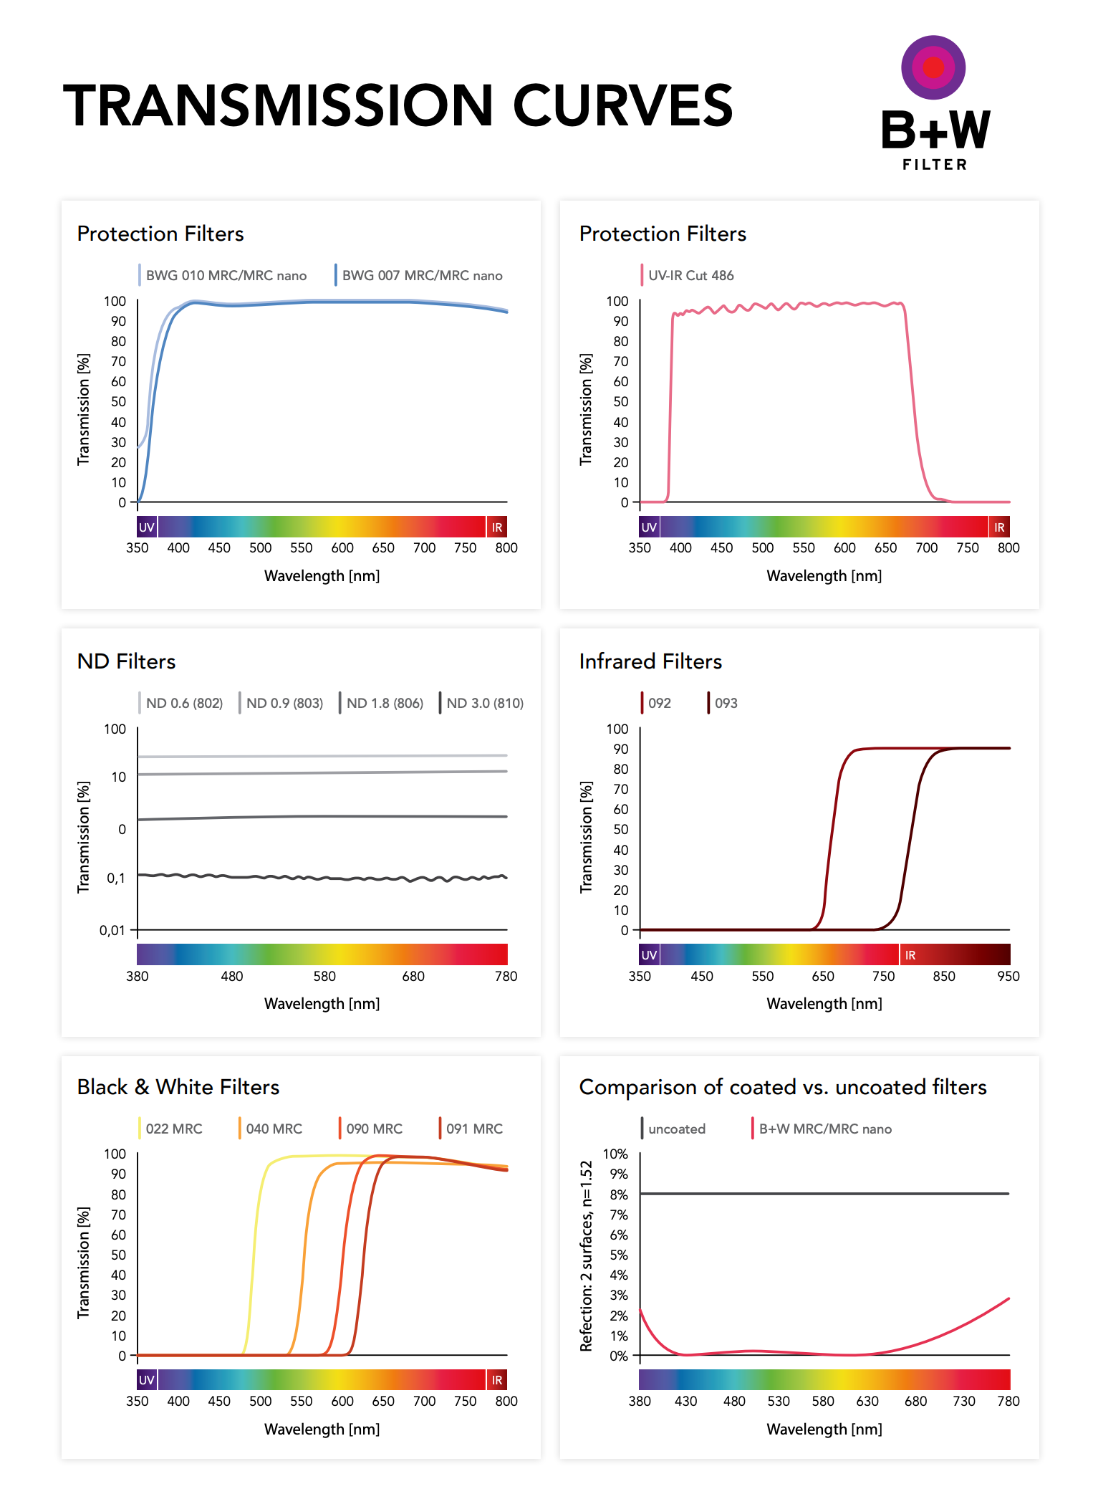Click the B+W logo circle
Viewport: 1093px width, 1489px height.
[933, 67]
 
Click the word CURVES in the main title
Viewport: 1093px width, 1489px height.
[622, 106]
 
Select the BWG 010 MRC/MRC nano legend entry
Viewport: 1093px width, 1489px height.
[226, 276]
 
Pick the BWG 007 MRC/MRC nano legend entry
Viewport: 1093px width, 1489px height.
[422, 276]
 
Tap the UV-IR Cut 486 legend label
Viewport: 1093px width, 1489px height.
[690, 276]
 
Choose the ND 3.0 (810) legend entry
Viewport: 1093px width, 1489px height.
[485, 704]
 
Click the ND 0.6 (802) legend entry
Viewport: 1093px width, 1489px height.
[184, 704]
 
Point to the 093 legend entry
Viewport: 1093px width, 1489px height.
[726, 704]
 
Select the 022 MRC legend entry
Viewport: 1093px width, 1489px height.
[174, 1129]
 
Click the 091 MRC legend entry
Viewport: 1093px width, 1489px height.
[474, 1129]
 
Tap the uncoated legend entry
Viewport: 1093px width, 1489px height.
[676, 1129]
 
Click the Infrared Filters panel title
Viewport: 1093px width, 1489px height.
[650, 661]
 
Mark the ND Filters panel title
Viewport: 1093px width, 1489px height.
[127, 661]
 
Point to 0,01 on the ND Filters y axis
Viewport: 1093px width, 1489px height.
[112, 931]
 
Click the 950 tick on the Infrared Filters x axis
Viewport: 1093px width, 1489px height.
[1008, 977]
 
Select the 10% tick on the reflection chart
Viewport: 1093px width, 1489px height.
[615, 1154]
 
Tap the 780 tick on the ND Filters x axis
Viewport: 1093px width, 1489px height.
[506, 977]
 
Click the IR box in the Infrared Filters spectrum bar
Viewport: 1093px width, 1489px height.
[910, 955]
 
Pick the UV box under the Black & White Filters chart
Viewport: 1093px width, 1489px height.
[147, 1380]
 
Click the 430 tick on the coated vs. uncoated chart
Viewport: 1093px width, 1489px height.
[685, 1402]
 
